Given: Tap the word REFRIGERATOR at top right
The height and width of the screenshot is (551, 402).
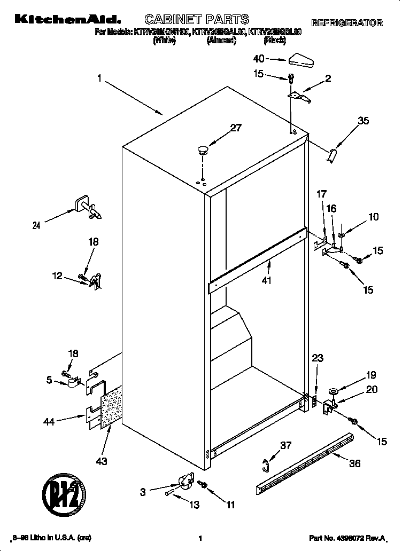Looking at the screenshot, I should [x=347, y=23].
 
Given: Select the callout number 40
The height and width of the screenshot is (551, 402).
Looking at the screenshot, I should [x=259, y=59].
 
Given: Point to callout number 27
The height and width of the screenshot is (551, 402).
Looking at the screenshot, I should [x=236, y=128].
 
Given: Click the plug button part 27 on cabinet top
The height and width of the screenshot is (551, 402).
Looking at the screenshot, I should [x=203, y=149].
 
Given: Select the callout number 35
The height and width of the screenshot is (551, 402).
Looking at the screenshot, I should [x=363, y=121].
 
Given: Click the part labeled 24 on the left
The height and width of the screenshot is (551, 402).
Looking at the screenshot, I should [x=87, y=208].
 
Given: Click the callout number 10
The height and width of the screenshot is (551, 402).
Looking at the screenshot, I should [x=374, y=217].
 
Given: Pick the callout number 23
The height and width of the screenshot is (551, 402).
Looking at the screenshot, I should [x=318, y=359].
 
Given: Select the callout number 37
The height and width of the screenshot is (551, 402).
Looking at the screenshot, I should [x=287, y=445].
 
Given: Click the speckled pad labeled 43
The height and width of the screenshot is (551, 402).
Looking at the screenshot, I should [x=112, y=406].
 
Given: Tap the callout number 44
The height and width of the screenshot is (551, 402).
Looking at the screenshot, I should [x=50, y=422].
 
